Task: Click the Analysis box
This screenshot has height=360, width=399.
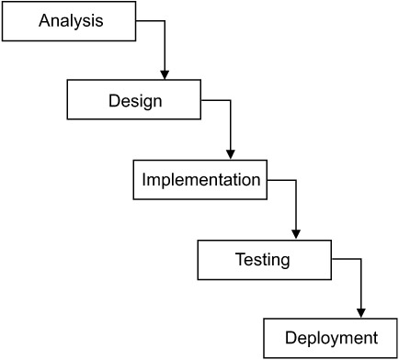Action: click(71, 20)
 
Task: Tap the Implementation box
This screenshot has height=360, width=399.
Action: click(200, 180)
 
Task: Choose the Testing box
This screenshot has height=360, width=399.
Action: click(265, 260)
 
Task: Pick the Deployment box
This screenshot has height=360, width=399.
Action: click(331, 338)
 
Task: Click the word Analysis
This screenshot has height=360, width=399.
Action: click(71, 20)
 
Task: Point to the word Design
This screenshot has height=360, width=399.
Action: click(135, 100)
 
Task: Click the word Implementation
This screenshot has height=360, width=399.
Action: click(200, 180)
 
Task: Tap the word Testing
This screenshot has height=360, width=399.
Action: click(265, 260)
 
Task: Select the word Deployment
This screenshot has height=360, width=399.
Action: click(331, 338)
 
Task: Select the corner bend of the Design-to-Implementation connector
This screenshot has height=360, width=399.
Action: click(231, 100)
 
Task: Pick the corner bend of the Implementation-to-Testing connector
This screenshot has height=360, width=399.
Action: click(296, 180)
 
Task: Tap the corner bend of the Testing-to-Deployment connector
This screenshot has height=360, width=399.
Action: click(361, 260)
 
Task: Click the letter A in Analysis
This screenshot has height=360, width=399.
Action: click(44, 20)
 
